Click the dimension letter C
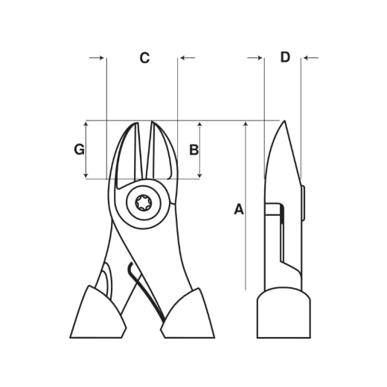(x=144, y=58)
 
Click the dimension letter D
(x=285, y=57)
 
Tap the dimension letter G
(x=79, y=150)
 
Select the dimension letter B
(x=193, y=150)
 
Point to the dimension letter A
(x=239, y=209)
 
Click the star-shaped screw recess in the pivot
(x=143, y=203)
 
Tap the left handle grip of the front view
(x=98, y=313)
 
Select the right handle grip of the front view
(x=188, y=314)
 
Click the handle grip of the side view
(x=284, y=313)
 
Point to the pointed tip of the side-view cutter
(x=284, y=121)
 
